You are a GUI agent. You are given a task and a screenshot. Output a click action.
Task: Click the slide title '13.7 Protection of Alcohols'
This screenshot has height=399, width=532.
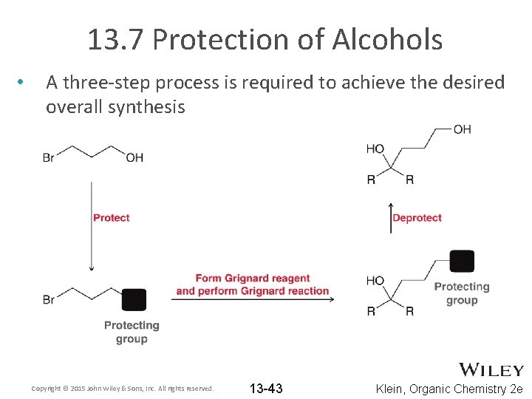[x=265, y=40]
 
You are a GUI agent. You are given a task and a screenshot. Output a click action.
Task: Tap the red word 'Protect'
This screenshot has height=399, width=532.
[x=111, y=218]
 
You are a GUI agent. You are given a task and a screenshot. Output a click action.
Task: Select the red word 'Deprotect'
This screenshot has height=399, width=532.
[x=417, y=218]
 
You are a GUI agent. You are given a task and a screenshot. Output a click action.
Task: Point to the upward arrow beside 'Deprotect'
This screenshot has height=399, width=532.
[x=391, y=217]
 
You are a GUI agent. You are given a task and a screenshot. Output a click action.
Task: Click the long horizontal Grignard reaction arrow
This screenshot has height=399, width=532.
[x=254, y=299]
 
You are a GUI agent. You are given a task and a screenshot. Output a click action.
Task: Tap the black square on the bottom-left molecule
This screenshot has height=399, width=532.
[x=134, y=299]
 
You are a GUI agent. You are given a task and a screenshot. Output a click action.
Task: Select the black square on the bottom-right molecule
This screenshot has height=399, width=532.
[x=462, y=262]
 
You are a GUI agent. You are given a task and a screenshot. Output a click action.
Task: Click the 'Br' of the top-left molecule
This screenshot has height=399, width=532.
[x=50, y=157]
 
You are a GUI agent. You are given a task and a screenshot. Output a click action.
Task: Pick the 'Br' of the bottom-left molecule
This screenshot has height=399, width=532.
[x=50, y=299]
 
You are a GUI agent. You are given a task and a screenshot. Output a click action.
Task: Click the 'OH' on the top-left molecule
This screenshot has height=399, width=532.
[x=134, y=157]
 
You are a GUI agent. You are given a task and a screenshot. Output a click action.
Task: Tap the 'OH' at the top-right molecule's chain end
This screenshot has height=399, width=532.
[x=462, y=129]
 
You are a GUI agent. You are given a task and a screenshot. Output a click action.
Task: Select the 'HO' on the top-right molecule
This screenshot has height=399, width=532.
[x=375, y=149]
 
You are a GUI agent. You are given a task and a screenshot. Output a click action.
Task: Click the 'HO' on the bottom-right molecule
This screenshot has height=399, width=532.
[x=375, y=281]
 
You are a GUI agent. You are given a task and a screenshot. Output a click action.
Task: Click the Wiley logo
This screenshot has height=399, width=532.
[x=491, y=370]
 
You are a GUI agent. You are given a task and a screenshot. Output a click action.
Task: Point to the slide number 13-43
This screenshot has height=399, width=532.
[x=266, y=389]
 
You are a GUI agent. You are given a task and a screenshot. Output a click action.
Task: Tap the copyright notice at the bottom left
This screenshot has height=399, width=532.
[x=123, y=389]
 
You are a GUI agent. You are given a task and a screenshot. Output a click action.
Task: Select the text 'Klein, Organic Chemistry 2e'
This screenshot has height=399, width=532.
[x=449, y=389]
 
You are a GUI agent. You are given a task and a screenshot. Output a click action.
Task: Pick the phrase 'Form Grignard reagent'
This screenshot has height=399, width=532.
[x=253, y=279]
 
